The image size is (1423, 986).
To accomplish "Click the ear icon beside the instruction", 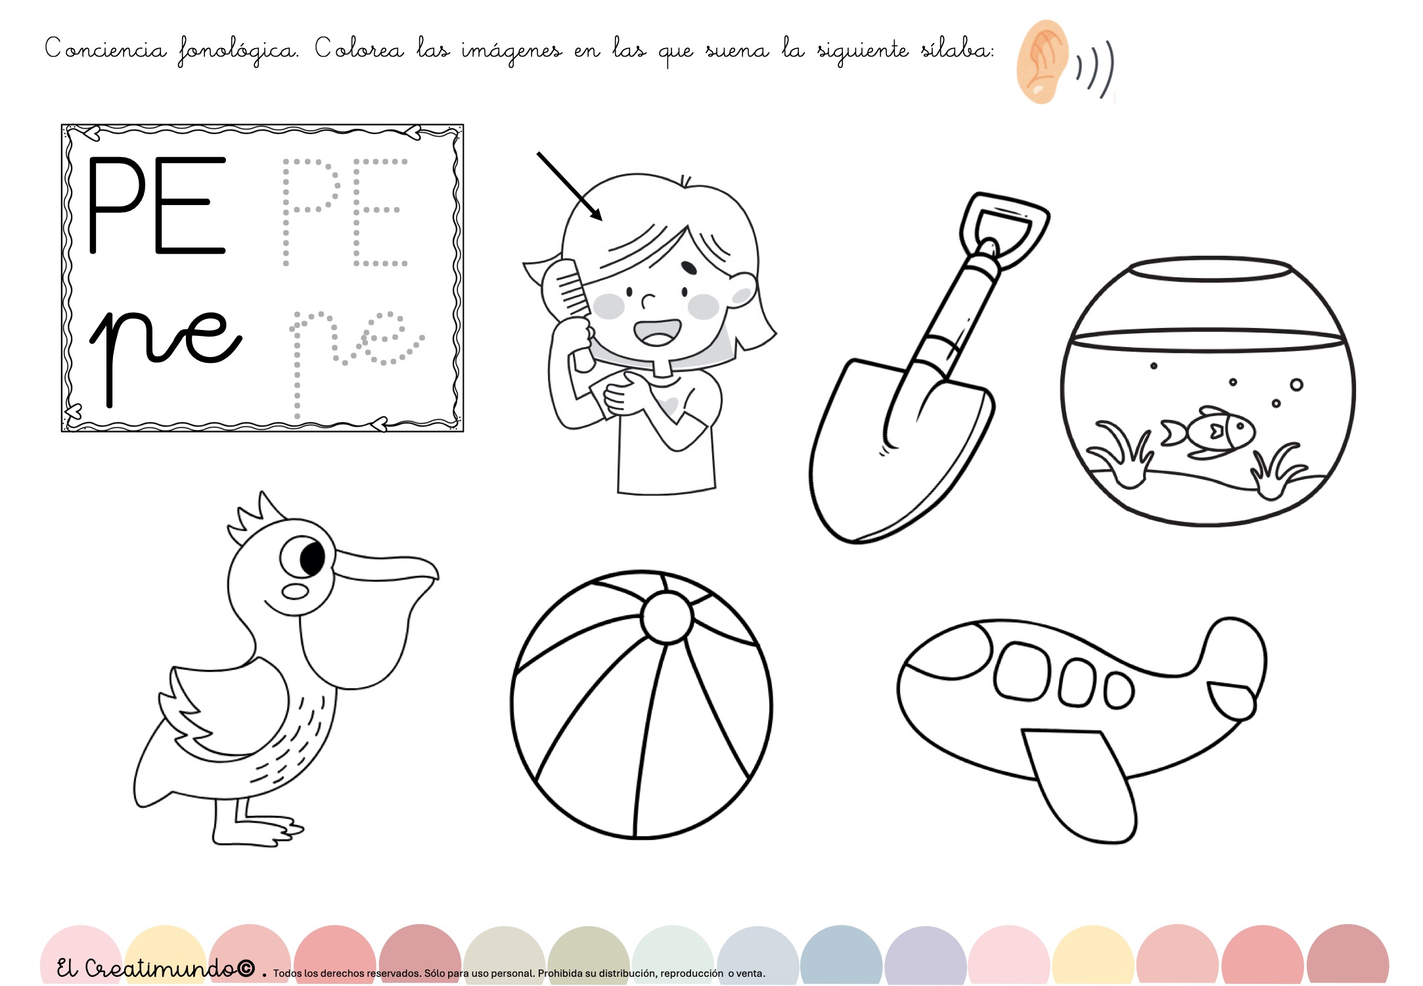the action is tap(1042, 62).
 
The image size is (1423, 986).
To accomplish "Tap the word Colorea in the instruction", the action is tap(359, 49).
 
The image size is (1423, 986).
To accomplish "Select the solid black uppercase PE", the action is tap(157, 205).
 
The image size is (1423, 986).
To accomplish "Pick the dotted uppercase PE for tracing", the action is tap(346, 212).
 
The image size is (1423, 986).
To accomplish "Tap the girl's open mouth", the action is tap(657, 332).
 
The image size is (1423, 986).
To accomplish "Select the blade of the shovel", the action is tap(900, 454).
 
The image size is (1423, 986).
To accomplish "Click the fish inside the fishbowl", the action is tap(1208, 433).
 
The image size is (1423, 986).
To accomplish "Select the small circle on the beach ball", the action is tap(667, 617).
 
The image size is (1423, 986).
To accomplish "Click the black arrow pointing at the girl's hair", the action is tap(569, 186).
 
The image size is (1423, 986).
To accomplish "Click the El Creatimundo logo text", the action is tap(155, 968).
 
